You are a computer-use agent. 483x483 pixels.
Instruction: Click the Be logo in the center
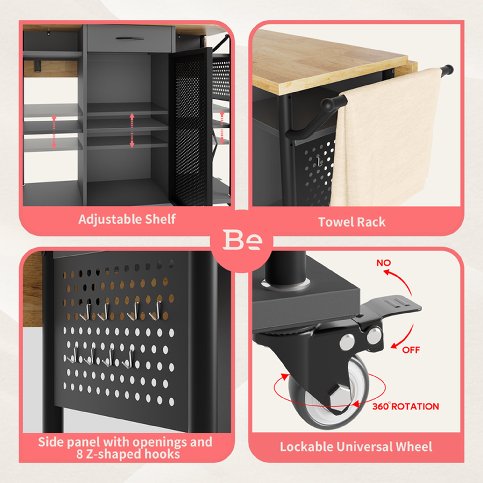point(242,240)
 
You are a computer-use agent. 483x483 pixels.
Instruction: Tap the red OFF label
point(411,350)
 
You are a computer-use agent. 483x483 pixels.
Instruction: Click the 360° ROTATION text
point(405,406)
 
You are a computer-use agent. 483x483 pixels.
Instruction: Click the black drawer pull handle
point(130,38)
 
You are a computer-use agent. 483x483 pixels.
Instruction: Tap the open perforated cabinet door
point(191,126)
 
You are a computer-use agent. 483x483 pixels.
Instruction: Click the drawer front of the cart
point(129,38)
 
